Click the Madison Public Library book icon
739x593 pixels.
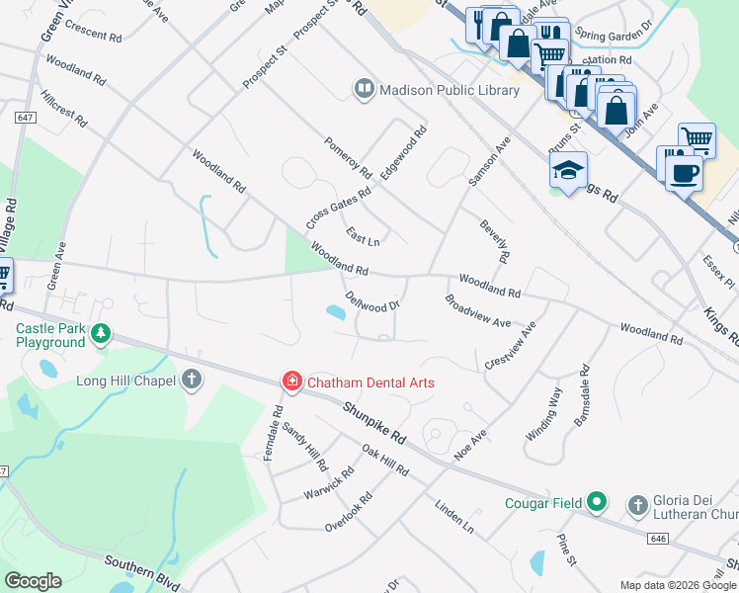tap(365, 90)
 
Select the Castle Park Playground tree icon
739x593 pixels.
tap(99, 334)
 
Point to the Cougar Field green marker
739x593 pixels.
tap(597, 502)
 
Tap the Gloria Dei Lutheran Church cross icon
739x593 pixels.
tap(637, 504)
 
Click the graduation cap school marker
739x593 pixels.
tap(569, 171)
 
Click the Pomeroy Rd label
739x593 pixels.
tap(348, 157)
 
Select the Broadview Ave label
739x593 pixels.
tap(477, 310)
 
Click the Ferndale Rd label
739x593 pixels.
tap(274, 428)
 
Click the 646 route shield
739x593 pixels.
tap(658, 539)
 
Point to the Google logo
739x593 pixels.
tap(33, 581)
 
